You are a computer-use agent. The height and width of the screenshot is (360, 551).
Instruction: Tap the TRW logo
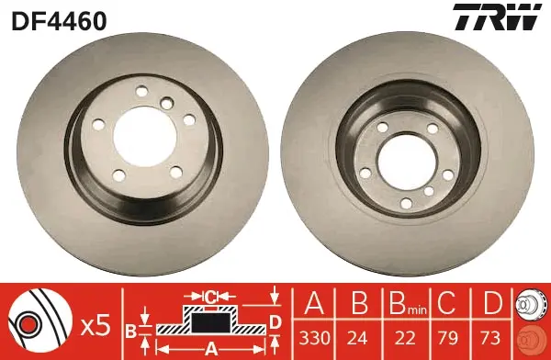click(497, 17)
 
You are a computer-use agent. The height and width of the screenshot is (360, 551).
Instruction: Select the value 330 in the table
click(314, 338)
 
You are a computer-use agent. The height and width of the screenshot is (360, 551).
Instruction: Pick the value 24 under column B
click(357, 338)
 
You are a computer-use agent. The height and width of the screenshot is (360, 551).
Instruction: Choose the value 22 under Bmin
click(405, 338)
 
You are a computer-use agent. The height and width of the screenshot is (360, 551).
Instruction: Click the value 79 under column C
click(448, 338)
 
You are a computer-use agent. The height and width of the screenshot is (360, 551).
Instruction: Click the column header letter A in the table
click(314, 303)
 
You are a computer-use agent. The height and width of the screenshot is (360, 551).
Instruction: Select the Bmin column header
click(408, 305)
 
